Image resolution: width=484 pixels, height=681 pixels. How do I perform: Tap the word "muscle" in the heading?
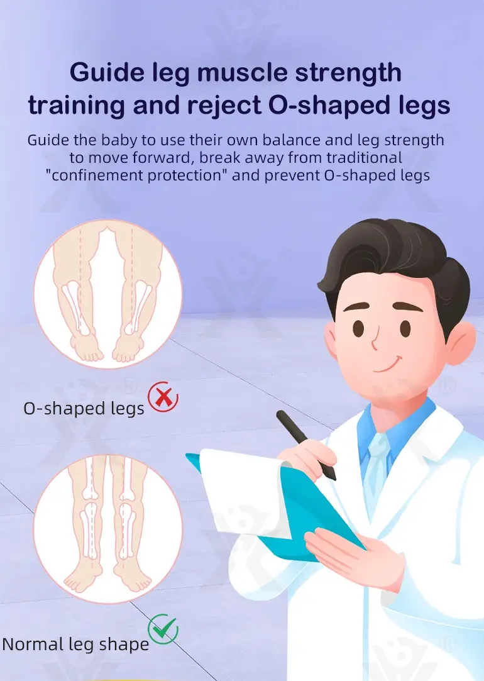[242, 72]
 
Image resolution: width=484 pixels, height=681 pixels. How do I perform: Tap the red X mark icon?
[163, 397]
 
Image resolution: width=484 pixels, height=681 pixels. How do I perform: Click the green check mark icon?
[163, 629]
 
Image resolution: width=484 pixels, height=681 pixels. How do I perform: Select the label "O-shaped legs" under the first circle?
[84, 409]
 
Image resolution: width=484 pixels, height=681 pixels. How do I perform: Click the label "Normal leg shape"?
[75, 644]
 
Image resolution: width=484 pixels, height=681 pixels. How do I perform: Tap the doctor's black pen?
[305, 445]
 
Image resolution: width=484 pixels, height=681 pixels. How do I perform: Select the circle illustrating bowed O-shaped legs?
[108, 294]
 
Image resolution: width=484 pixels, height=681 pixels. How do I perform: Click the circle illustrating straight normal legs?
[108, 529]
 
